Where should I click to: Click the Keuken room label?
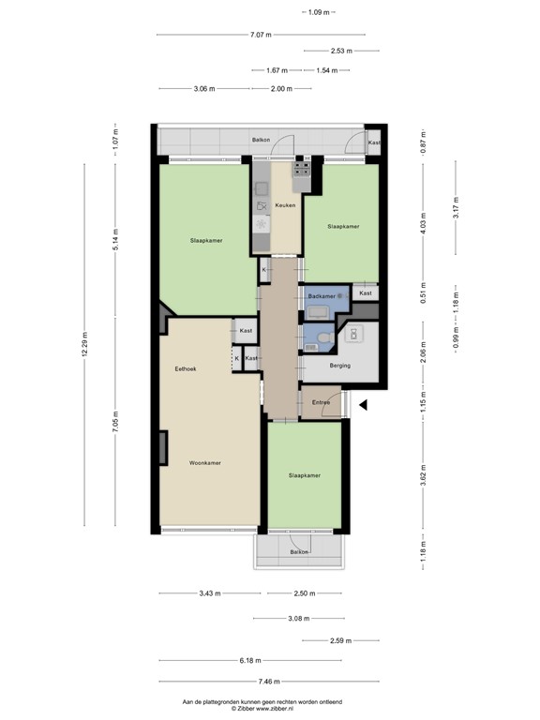(285, 204)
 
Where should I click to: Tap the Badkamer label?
(322, 296)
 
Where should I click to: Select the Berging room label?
(339, 366)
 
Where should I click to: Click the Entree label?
(319, 402)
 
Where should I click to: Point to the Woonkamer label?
(204, 463)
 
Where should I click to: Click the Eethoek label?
(186, 368)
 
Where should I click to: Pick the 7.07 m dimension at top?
(261, 35)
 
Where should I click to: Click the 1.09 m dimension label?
(320, 12)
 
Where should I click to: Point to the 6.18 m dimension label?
(249, 661)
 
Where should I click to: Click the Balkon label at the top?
(261, 140)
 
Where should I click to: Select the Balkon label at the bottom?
(299, 553)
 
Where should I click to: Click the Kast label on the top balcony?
(374, 142)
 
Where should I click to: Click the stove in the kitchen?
(301, 169)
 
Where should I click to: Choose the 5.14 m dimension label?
(116, 241)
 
